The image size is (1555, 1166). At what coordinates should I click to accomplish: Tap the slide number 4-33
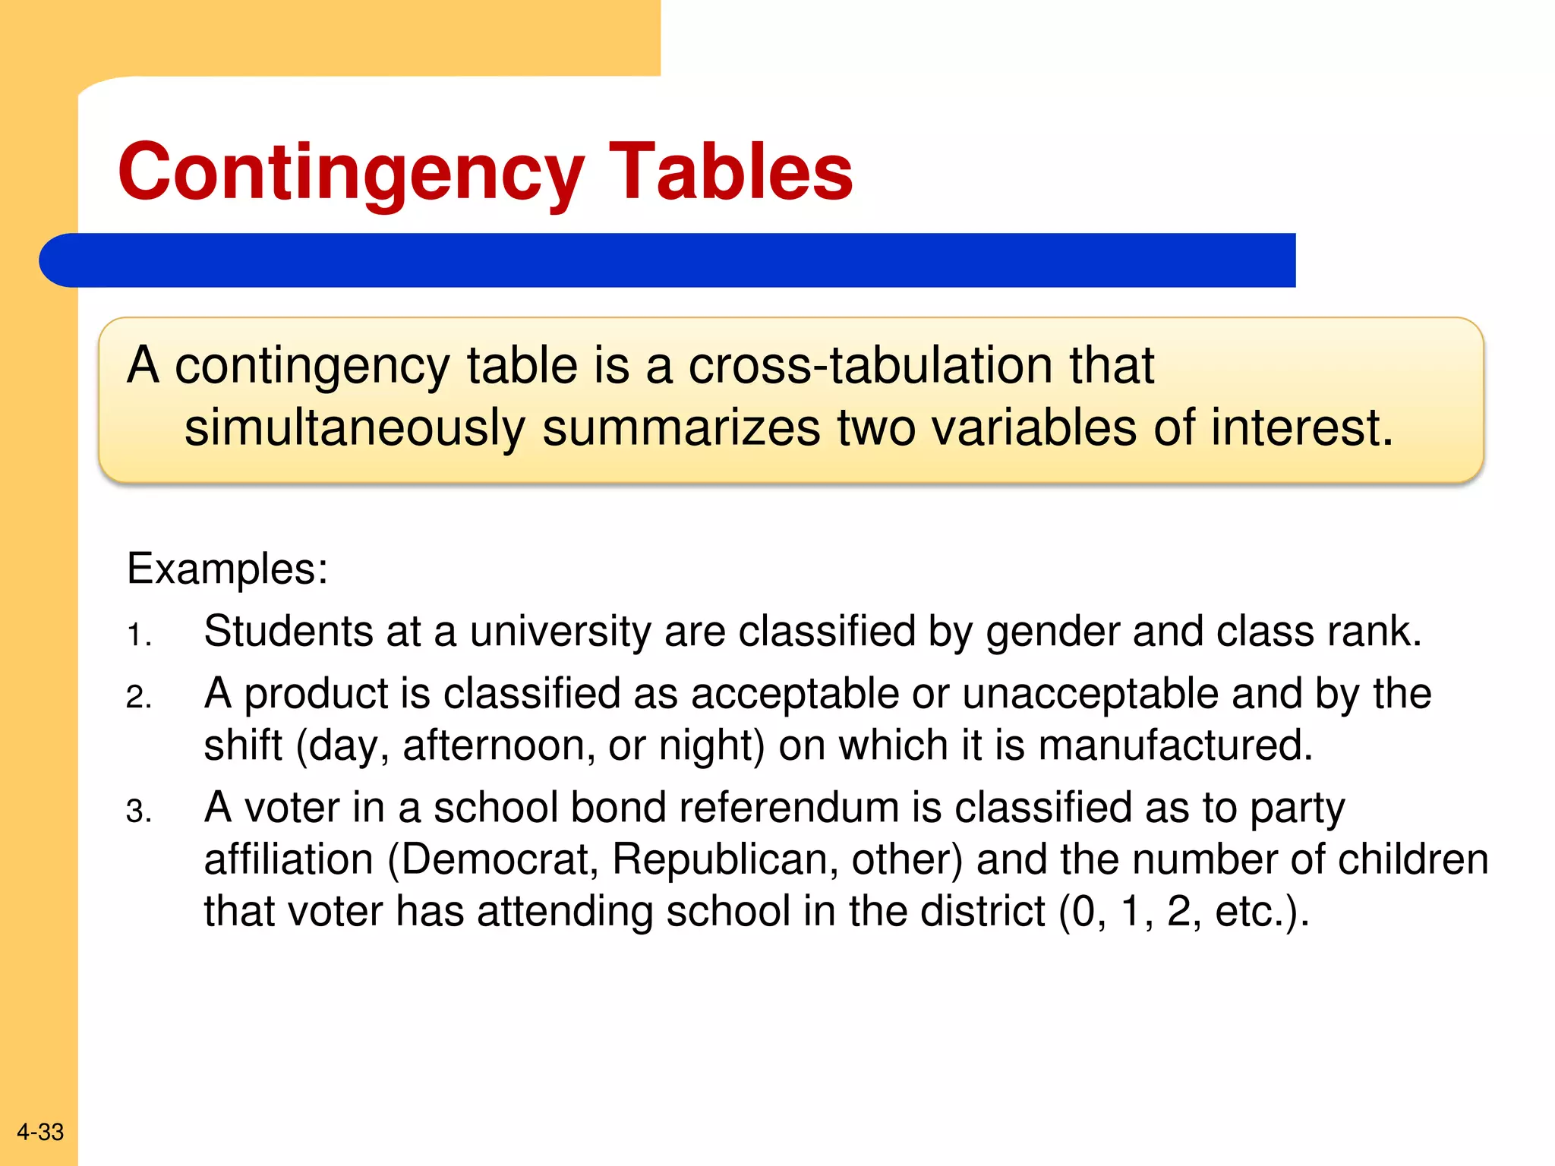tap(40, 1132)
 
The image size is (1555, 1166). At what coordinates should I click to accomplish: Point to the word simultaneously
tap(355, 428)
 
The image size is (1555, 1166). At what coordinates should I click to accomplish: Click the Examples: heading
tap(227, 569)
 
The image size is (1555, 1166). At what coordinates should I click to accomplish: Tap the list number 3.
tap(138, 811)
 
